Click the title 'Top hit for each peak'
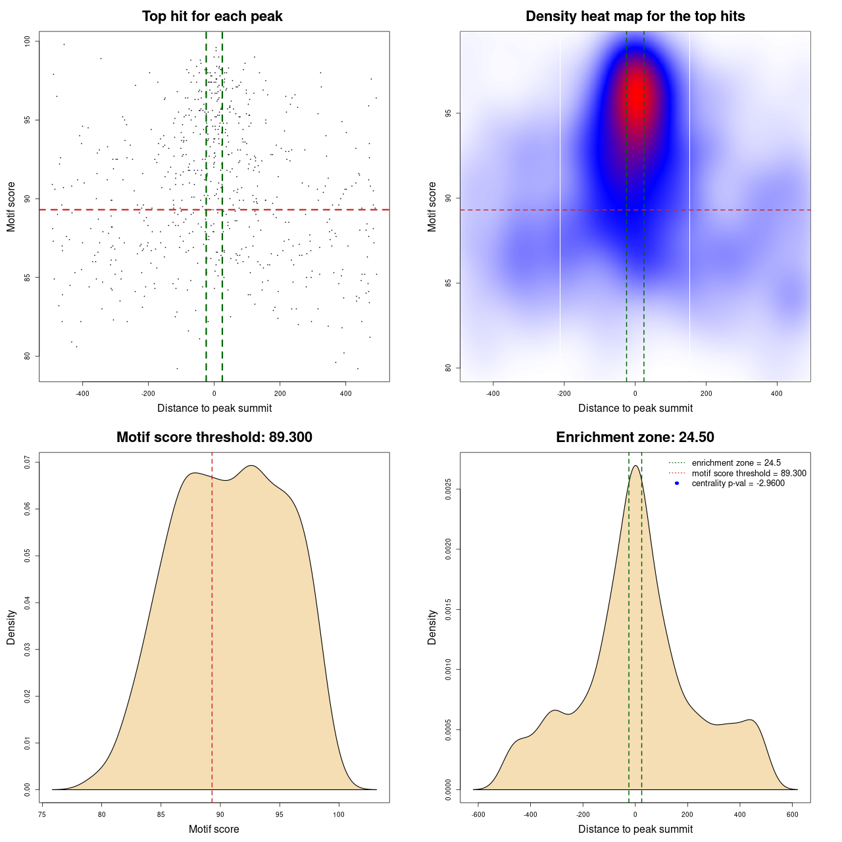pyautogui.click(x=212, y=16)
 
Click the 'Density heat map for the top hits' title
pyautogui.click(x=635, y=16)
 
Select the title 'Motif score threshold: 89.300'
pyautogui.click(x=214, y=437)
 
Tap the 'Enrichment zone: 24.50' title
pyautogui.click(x=635, y=437)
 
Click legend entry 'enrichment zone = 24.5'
pyautogui.click(x=736, y=463)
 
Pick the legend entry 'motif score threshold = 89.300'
pyautogui.click(x=749, y=474)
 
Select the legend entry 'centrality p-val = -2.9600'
pyautogui.click(x=738, y=483)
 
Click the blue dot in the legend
pyautogui.click(x=677, y=483)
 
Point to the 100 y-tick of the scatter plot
pyautogui.click(x=27, y=41)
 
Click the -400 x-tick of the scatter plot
pyautogui.click(x=82, y=393)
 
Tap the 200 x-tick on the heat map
pyautogui.click(x=706, y=393)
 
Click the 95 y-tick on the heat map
pyautogui.click(x=448, y=113)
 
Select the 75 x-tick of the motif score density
pyautogui.click(x=42, y=814)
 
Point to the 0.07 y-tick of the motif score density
pyautogui.click(x=27, y=462)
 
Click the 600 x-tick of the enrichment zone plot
pyautogui.click(x=792, y=814)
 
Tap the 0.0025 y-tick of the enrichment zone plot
pyautogui.click(x=448, y=489)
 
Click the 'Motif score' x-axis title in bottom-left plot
pyautogui.click(x=214, y=829)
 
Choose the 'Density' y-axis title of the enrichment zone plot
pyautogui.click(x=432, y=627)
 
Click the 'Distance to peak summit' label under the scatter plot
pyautogui.click(x=214, y=408)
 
